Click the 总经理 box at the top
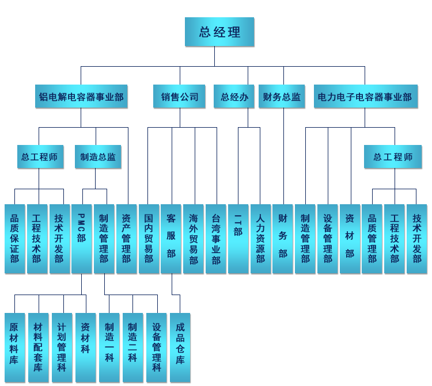tap(219, 32)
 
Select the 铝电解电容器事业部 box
tap(81, 97)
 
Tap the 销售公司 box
tap(180, 97)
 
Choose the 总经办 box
tap(234, 97)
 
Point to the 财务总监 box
tap(282, 97)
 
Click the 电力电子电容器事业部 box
tap(365, 97)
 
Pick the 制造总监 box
tap(98, 156)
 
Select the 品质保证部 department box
tap(14, 239)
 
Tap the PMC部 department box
tap(81, 239)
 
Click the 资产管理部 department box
tap(126, 239)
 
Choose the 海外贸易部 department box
tap(194, 239)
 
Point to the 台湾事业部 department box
tap(216, 239)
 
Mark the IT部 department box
tap(238, 239)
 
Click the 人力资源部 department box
tap(260, 239)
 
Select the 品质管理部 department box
tap(372, 239)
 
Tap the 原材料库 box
tap(14, 347)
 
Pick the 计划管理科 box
tap(62, 347)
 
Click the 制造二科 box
tap(132, 347)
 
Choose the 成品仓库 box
tap(180, 347)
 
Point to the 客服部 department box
tap(171, 239)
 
